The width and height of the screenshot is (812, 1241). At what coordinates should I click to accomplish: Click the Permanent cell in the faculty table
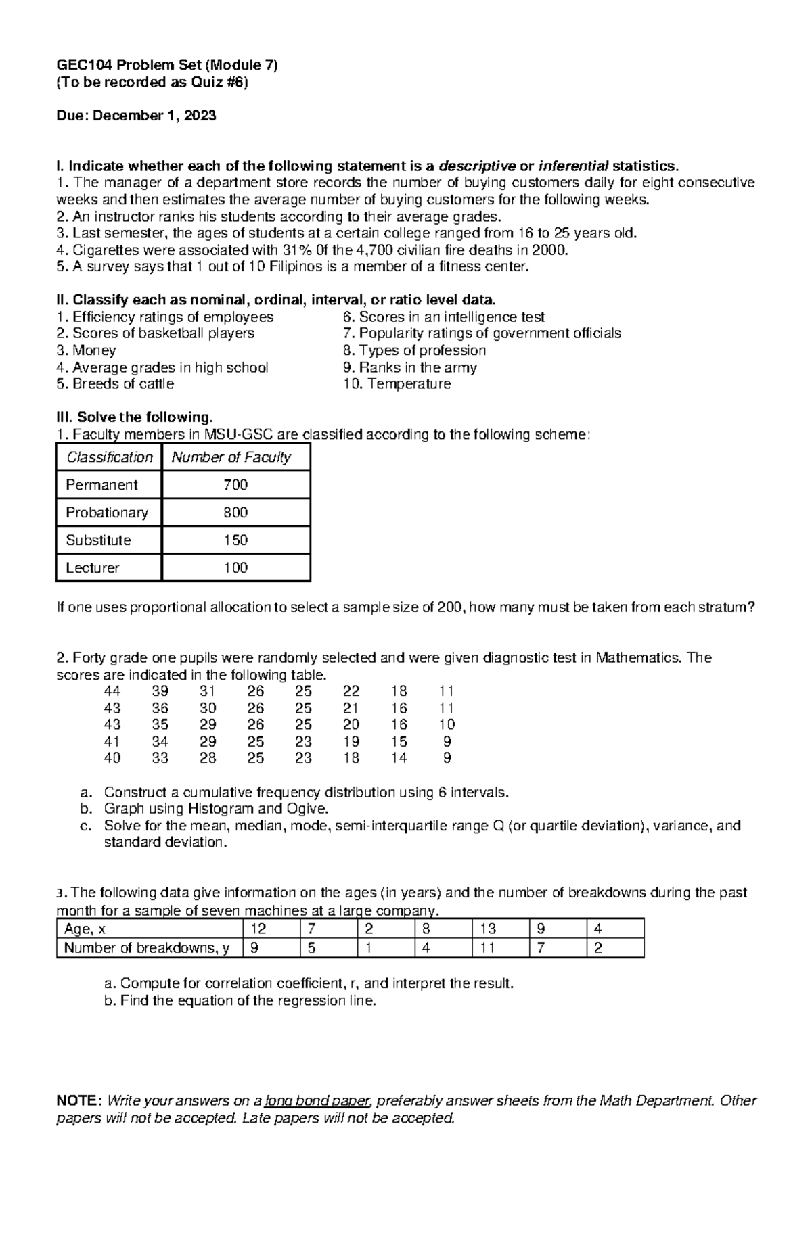[101, 485]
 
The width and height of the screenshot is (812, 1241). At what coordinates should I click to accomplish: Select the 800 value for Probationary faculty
[235, 513]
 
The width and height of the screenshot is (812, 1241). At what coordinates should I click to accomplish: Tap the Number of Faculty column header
[231, 457]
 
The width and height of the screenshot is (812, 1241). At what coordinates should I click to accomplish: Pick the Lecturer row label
[92, 568]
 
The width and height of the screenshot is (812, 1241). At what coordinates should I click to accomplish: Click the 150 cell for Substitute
[235, 540]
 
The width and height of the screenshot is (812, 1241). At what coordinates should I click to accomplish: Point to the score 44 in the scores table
[112, 691]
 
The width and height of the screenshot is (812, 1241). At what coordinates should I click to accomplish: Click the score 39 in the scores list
[160, 691]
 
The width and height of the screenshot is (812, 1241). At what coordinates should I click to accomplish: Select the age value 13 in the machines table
[488, 929]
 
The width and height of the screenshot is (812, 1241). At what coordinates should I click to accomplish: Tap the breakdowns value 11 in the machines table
[487, 948]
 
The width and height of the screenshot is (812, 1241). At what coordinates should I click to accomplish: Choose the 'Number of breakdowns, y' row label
[146, 948]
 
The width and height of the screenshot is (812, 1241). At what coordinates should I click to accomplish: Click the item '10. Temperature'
[397, 384]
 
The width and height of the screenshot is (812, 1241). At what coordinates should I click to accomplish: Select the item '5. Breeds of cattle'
[115, 384]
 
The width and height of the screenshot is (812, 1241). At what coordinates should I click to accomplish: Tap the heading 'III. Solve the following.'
[134, 417]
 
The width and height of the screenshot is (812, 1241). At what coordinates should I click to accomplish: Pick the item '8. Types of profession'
[414, 350]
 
